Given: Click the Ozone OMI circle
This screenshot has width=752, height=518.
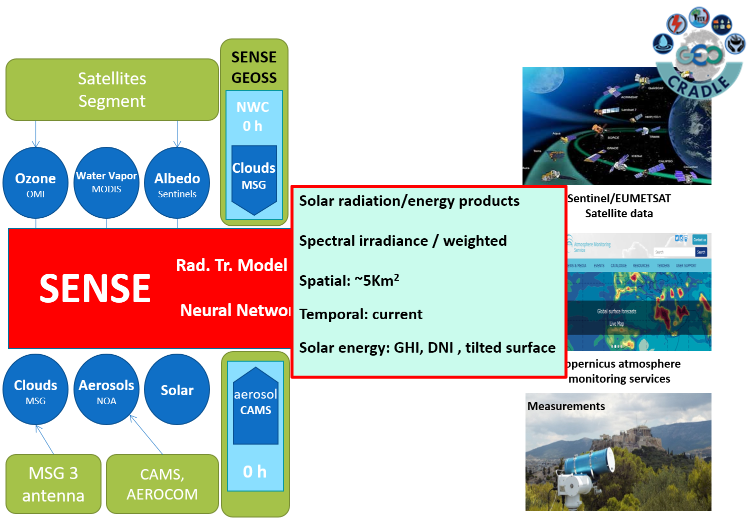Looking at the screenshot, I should click(35, 183).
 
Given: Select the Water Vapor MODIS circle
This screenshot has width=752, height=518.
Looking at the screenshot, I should click(106, 182).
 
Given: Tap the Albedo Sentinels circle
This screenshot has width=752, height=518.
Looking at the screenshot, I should click(177, 183).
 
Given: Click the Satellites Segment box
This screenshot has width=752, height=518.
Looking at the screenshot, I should click(112, 90).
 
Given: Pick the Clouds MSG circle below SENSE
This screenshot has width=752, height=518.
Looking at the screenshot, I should click(35, 390).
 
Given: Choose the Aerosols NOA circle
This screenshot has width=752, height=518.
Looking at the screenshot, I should click(106, 390).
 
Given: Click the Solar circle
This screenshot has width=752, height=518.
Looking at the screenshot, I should click(177, 390).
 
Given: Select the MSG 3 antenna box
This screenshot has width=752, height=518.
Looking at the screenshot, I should click(53, 484).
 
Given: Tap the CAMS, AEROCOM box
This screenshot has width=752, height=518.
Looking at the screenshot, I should click(162, 484).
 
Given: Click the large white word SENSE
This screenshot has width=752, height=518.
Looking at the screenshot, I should click(95, 288).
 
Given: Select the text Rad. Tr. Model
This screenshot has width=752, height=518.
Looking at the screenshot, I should click(231, 265).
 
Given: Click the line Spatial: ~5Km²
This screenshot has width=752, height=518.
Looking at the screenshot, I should click(349, 280).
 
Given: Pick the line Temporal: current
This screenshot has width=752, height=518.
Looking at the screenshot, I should click(360, 314).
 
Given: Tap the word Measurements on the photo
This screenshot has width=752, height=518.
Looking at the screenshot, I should click(566, 406).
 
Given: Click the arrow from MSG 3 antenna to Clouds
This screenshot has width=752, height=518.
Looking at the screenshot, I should click(44, 440).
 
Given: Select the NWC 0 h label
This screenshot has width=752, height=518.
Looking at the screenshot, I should click(253, 116).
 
